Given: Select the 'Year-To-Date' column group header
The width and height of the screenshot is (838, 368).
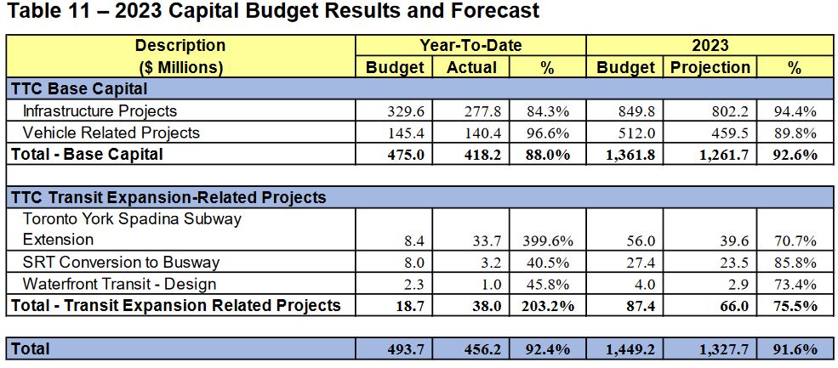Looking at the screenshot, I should (x=470, y=46).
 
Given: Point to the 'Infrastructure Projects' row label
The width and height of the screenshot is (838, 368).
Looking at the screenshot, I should (x=100, y=110).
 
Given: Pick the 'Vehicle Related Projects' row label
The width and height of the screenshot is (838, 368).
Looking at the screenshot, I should (x=111, y=133).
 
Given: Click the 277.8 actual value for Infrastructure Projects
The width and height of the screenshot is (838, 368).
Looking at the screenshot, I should (x=487, y=110).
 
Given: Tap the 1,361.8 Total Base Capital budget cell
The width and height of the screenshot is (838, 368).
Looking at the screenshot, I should (x=630, y=155).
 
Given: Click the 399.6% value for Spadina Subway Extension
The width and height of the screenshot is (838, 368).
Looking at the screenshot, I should (x=554, y=241).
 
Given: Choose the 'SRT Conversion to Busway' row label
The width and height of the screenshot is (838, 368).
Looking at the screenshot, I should (x=121, y=263).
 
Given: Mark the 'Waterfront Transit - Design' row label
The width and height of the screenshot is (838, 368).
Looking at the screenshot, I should (x=119, y=284).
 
